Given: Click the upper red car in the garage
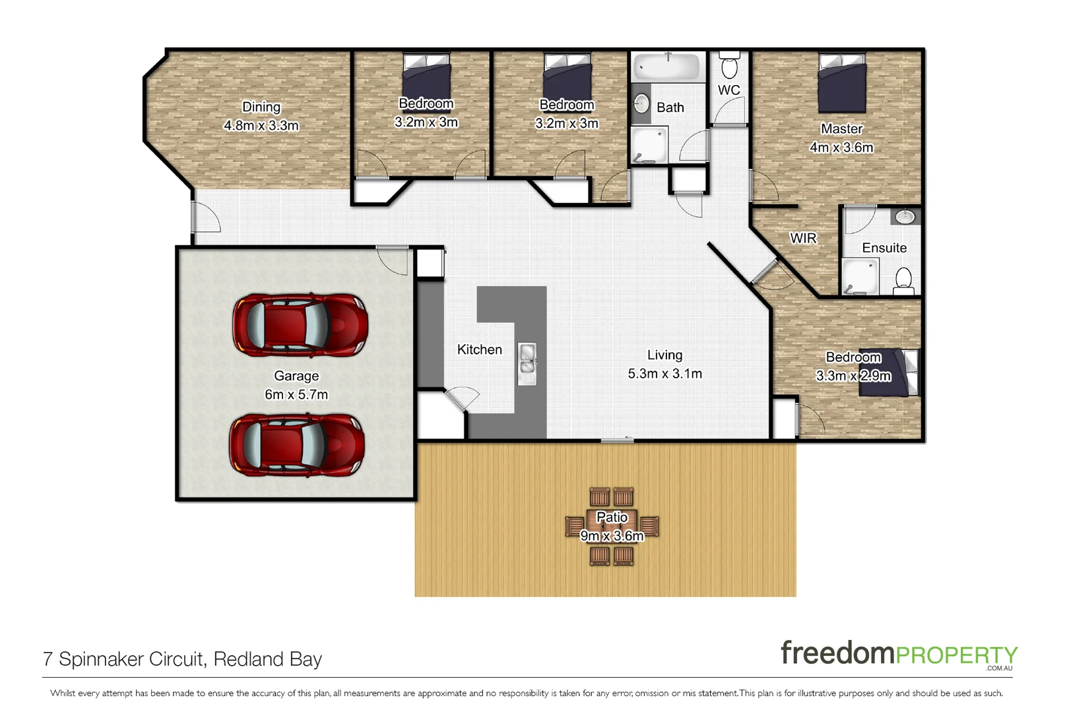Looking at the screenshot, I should click(300, 326).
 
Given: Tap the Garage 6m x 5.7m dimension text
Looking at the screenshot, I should click(296, 395).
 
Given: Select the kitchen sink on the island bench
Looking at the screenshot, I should click(527, 363).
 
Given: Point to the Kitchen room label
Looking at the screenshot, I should click(480, 350).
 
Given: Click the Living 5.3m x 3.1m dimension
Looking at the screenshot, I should click(664, 374).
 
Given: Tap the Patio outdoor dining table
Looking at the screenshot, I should click(612, 527).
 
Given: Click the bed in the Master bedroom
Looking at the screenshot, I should click(841, 83).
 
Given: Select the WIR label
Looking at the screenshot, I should click(803, 239).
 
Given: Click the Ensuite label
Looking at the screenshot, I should click(884, 248).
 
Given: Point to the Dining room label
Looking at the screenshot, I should click(261, 107).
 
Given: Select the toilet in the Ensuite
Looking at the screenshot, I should click(903, 281).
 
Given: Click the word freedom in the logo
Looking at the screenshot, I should click(837, 653).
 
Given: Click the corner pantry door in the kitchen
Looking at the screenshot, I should click(462, 399).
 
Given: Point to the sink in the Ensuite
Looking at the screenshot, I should click(905, 216).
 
